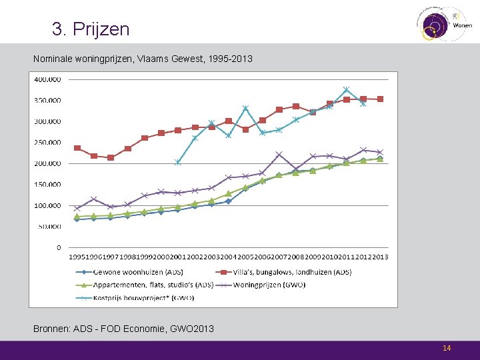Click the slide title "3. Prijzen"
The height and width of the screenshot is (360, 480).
[x=91, y=29]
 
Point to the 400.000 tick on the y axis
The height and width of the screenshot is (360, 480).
[x=47, y=79]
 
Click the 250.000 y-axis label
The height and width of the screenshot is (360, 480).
[x=47, y=143]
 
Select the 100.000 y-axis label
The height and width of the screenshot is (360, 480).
[x=47, y=206]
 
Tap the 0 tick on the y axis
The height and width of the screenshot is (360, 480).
[x=58, y=247]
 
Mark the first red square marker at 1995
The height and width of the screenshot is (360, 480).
[x=77, y=148]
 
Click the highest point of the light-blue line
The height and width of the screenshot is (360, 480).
[x=346, y=89]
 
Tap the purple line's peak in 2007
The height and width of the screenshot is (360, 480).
[x=279, y=154]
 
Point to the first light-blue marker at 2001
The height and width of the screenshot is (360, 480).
[x=178, y=162]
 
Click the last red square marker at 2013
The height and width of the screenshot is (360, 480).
[x=380, y=99]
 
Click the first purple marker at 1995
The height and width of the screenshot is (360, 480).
[x=77, y=208]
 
